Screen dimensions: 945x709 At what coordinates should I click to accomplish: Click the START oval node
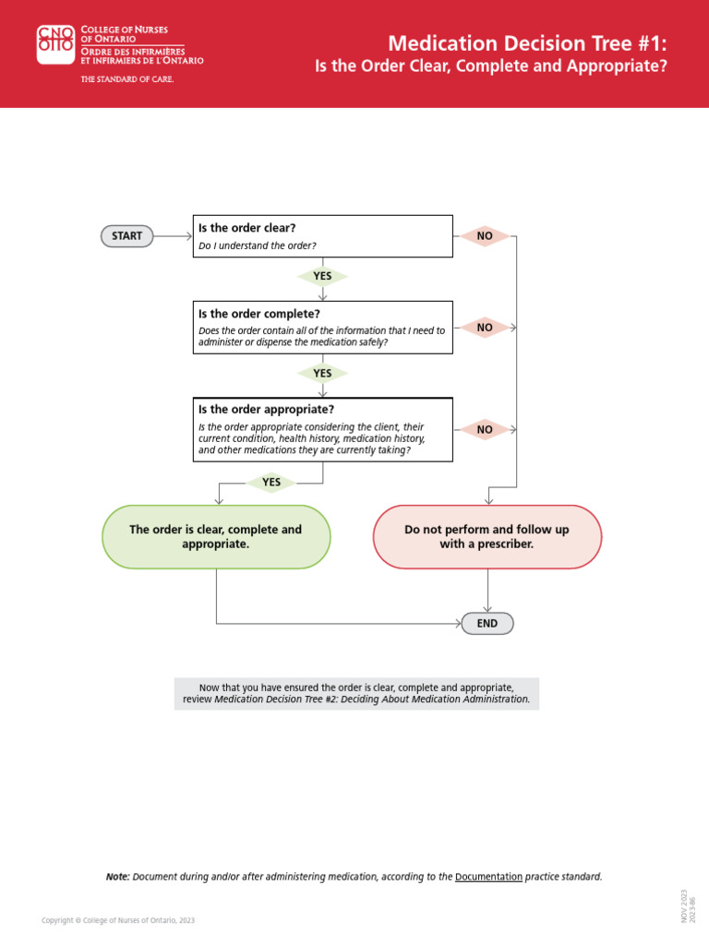point(126,236)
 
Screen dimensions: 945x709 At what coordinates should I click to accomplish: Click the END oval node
point(487,624)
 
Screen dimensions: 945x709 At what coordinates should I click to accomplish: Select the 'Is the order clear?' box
point(322,236)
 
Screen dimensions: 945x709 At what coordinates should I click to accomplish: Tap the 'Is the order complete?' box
point(322,327)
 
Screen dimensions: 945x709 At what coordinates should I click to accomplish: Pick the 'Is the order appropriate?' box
point(322,429)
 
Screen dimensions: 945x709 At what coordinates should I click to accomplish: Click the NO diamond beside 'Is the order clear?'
point(485,236)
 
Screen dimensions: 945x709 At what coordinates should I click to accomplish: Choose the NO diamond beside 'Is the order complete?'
point(485,327)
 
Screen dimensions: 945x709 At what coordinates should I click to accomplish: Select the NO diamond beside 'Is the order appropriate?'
point(485,429)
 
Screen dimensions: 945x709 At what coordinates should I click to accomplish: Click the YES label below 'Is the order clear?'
point(321,276)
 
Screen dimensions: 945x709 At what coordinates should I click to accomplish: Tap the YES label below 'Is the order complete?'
point(321,374)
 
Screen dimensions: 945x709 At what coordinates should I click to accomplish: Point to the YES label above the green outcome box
point(270,482)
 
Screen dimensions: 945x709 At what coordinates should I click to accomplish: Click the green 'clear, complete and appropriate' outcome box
point(216,537)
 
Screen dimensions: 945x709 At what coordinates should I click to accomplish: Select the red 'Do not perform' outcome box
point(487,537)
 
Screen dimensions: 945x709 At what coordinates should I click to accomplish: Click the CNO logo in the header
point(55,44)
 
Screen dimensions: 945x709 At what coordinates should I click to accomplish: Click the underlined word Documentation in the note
point(488,877)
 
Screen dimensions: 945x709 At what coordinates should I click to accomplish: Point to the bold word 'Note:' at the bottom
point(117,877)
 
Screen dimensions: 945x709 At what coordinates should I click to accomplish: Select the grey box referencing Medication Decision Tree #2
point(356,693)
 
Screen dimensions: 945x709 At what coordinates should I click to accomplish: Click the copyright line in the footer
point(118,920)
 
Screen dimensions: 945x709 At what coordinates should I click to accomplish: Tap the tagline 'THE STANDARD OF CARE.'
point(127,79)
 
